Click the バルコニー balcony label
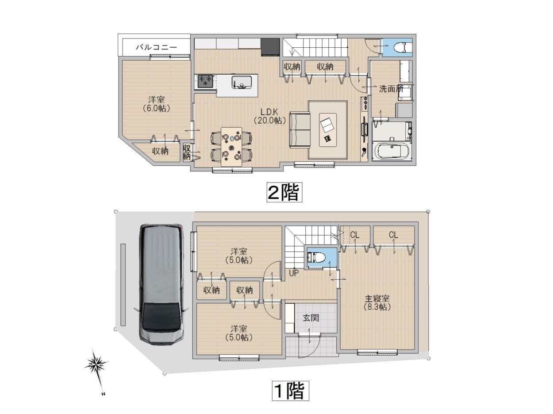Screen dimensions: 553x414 pyautogui.click(x=157, y=47)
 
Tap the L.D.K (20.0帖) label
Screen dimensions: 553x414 pyautogui.click(x=269, y=117)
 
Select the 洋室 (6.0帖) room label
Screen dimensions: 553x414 pyautogui.click(x=156, y=104)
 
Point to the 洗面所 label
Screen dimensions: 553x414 pyautogui.click(x=391, y=88)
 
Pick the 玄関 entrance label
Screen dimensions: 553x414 pyautogui.click(x=311, y=318)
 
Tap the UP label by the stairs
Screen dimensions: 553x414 pyautogui.click(x=293, y=273)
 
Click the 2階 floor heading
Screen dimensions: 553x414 pyautogui.click(x=284, y=192)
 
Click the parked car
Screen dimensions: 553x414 pyautogui.click(x=161, y=284)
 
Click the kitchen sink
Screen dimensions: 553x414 pyautogui.click(x=242, y=82)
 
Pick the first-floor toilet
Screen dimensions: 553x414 pyautogui.click(x=316, y=257)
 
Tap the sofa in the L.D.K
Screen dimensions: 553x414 pyautogui.click(x=300, y=130)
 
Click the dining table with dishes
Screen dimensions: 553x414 pyautogui.click(x=231, y=147)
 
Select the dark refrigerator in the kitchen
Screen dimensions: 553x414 pyautogui.click(x=270, y=47)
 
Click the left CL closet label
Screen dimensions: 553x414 pyautogui.click(x=355, y=235)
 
